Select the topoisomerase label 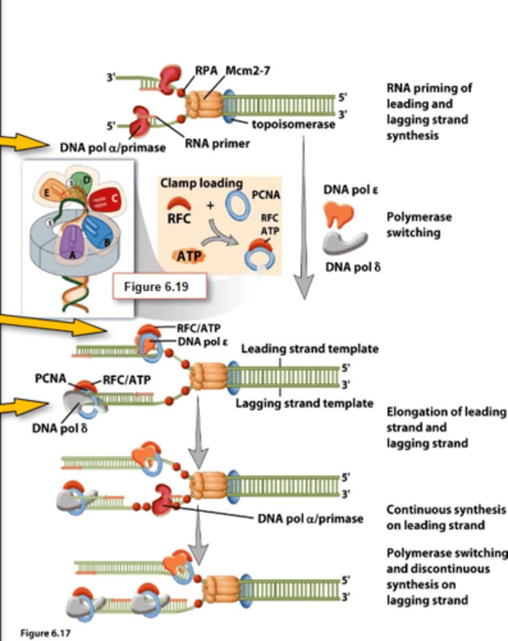293,124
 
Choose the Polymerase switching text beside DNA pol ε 419,225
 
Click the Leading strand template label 310,349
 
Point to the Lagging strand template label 305,403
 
